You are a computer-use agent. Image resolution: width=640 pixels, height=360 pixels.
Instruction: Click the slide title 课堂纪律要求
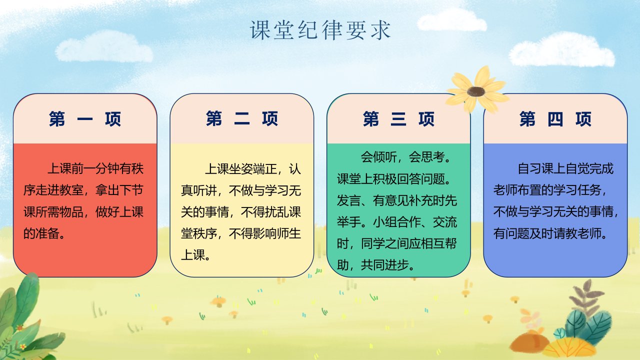coord(320,30)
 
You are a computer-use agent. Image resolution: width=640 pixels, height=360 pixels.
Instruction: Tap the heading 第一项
coord(85,119)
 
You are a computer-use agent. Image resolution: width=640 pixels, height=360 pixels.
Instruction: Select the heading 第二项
coord(241,118)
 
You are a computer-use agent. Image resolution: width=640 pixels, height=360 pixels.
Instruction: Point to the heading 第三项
coord(398,119)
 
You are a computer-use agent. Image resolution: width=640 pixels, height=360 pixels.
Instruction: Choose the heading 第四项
coord(555,119)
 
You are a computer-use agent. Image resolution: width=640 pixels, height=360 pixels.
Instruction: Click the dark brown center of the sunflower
coord(476,91)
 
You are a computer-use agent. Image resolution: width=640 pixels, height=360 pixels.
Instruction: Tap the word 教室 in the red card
coord(71,190)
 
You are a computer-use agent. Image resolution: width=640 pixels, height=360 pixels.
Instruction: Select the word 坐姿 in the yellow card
coord(241,169)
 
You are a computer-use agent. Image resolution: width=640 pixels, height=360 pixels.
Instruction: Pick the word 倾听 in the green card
coord(384,157)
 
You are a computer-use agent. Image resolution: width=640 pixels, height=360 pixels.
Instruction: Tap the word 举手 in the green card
coord(349,222)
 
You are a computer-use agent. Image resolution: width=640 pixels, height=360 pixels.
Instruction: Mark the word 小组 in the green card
coord(385,222)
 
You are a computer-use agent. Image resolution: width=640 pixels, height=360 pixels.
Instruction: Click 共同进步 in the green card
coord(384,265)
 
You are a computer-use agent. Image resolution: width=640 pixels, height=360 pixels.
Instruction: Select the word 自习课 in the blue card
coord(535,168)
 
